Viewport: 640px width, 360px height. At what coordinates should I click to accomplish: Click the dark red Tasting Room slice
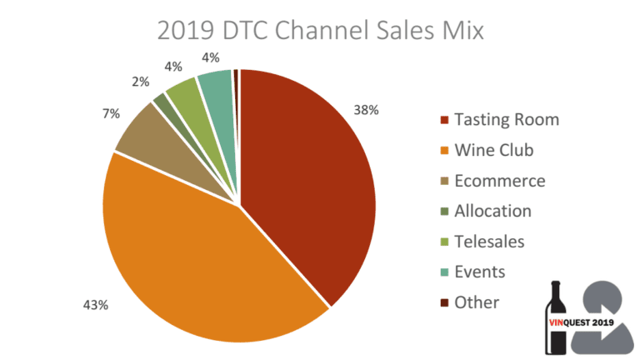click(x=308, y=183)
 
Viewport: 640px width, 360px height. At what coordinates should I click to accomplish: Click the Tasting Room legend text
click(x=507, y=120)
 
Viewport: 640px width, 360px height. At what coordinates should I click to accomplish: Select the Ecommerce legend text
click(x=500, y=181)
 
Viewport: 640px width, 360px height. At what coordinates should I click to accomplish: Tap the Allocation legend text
click(x=492, y=211)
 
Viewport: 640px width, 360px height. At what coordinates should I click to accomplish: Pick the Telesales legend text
click(x=490, y=242)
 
